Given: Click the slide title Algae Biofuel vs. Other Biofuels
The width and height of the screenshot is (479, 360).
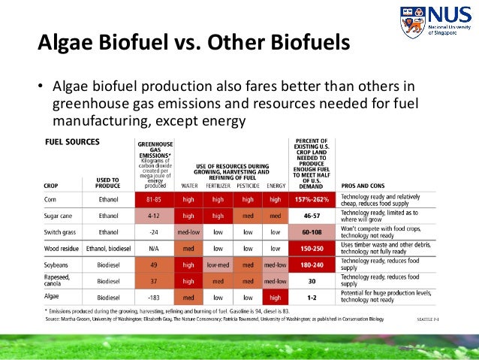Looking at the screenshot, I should pos(194,42).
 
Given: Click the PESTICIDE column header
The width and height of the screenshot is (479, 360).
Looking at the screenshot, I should pos(247,184).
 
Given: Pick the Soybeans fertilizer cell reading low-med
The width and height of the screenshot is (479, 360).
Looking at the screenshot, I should pos(218,265).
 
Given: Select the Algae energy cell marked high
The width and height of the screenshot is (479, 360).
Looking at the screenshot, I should pos(276,297).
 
